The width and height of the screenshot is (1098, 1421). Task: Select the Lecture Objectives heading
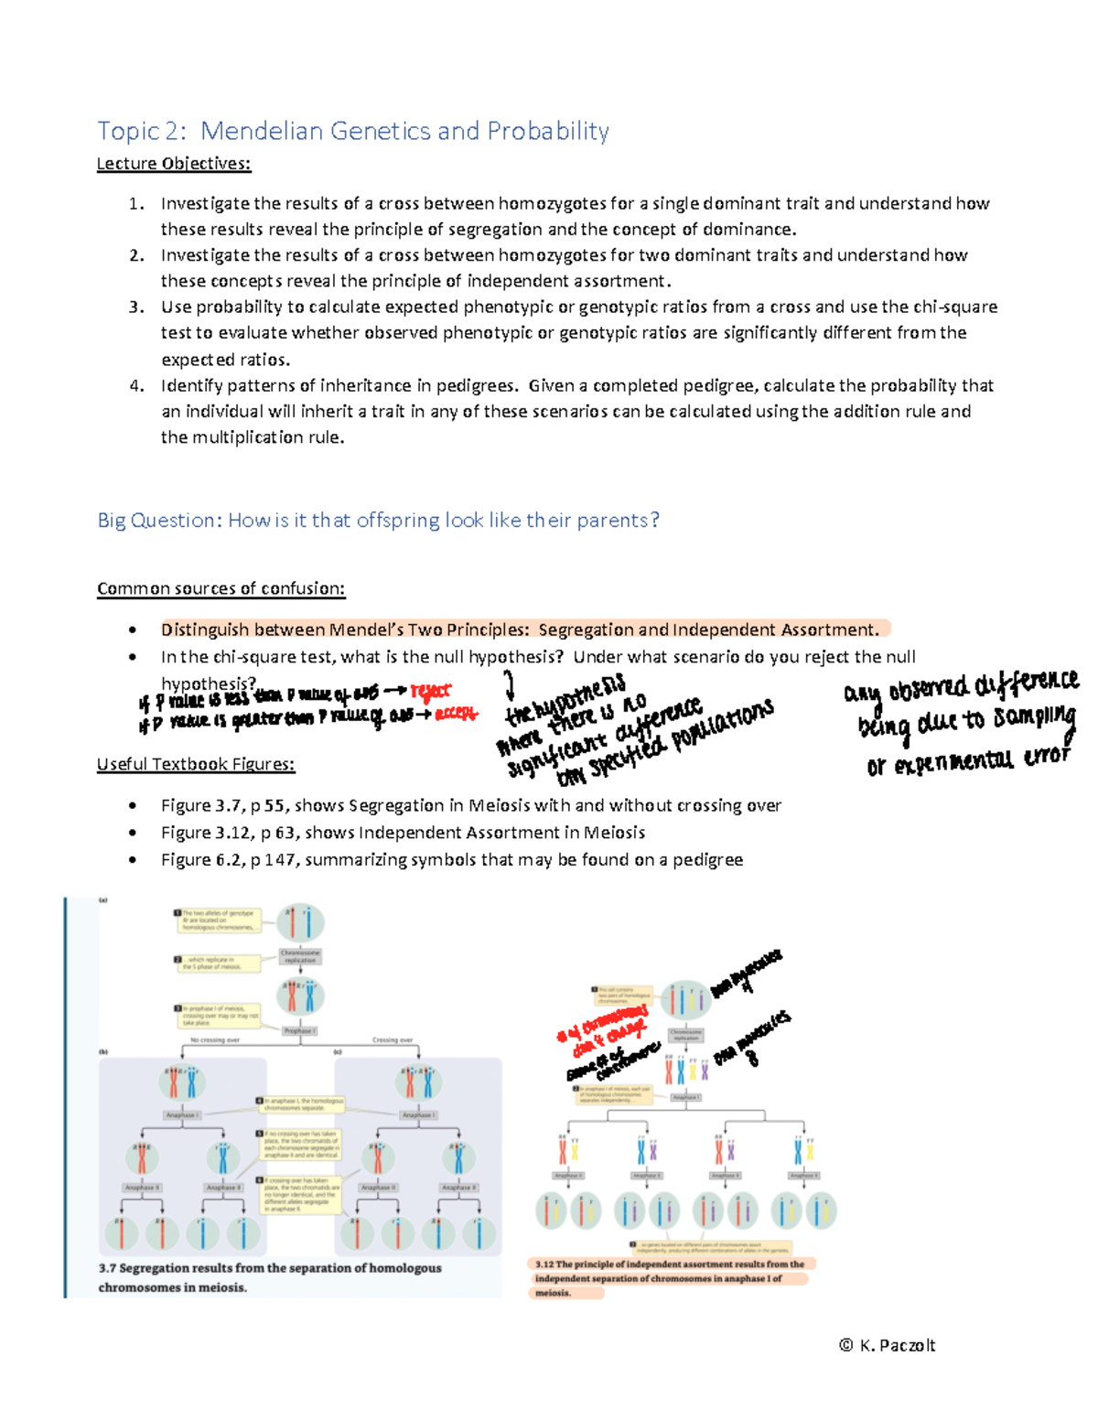174,164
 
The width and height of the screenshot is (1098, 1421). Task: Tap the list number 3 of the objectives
136,307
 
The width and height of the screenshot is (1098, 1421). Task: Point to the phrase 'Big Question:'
160,521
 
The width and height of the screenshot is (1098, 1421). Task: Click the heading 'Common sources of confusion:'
221,588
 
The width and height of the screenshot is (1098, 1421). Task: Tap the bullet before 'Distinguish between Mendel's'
134,630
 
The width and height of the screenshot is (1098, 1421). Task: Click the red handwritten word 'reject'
430,693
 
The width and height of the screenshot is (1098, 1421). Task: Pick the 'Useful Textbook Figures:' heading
196,764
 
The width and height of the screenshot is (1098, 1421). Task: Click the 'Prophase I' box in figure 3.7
299,1030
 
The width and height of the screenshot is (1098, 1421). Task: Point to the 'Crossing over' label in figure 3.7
393,1040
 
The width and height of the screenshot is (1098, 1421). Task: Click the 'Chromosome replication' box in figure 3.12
685,1035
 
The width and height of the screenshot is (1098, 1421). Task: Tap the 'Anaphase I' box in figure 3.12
685,1096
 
